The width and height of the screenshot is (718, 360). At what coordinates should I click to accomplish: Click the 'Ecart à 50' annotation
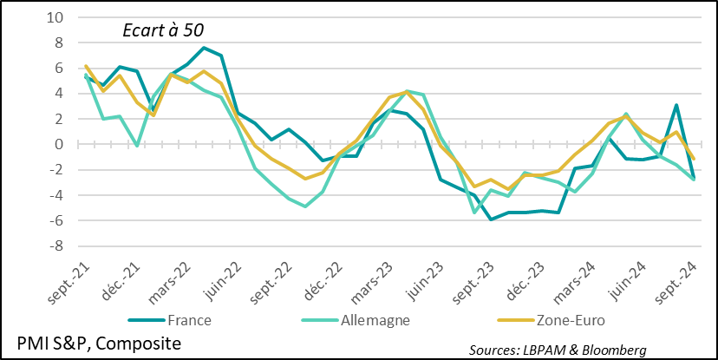click(161, 29)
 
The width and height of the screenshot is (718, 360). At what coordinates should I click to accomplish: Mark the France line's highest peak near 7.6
click(204, 48)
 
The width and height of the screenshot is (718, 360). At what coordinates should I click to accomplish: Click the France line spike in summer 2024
click(676, 105)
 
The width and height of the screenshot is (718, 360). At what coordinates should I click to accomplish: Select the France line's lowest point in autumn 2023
click(492, 219)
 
